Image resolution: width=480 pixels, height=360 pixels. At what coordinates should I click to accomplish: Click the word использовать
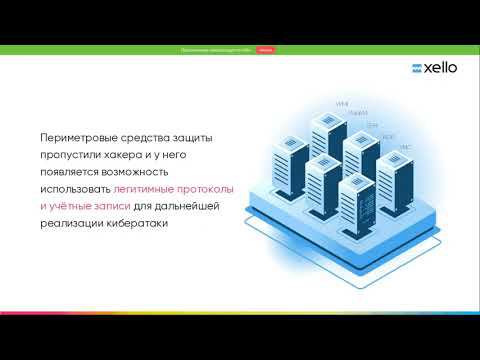(x=74, y=188)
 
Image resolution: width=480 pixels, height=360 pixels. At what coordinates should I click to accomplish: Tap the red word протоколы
(x=209, y=188)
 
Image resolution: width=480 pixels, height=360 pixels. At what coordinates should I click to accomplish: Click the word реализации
(x=73, y=224)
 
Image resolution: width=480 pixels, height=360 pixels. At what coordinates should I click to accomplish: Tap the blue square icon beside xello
(x=404, y=69)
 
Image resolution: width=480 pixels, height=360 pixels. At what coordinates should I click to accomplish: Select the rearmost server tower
(x=326, y=136)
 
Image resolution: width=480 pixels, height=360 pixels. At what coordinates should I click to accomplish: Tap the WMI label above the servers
(x=341, y=104)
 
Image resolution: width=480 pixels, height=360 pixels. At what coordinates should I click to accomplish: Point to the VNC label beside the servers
(x=405, y=147)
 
